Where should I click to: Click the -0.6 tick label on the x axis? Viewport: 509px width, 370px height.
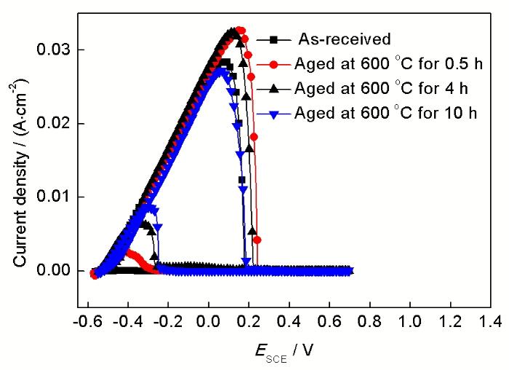[x=86, y=320]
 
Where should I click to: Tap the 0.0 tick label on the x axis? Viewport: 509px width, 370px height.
[x=209, y=320]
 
